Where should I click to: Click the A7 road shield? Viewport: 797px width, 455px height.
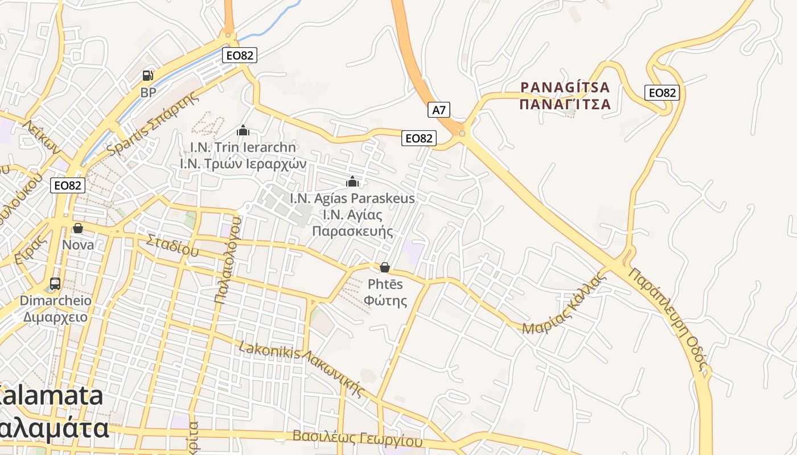pos(439,110)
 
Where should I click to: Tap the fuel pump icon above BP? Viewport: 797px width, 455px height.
pos(147,75)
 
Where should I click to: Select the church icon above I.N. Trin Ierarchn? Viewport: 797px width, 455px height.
pos(243,130)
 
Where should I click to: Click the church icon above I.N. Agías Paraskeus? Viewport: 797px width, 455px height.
pos(352,181)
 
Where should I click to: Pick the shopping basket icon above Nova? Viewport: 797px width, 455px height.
pos(78,228)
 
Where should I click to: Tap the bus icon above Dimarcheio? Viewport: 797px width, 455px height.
pos(55,283)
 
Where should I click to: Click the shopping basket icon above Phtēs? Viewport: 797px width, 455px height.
pos(385,267)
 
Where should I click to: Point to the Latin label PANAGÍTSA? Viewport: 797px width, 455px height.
pos(565,88)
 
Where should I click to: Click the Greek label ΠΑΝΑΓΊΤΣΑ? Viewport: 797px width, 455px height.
pos(565,105)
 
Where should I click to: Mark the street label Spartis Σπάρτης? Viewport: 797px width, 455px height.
pos(154,122)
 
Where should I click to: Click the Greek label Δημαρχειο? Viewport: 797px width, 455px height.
pos(56,317)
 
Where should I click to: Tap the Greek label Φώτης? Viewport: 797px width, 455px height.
pos(385,300)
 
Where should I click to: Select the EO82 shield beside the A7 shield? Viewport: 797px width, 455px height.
pos(419,138)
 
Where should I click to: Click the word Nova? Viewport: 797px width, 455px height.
pos(78,245)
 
